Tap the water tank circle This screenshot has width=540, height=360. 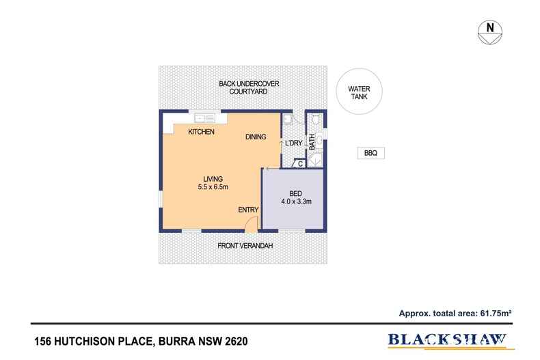pyautogui.click(x=359, y=93)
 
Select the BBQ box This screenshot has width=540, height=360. pyautogui.click(x=370, y=154)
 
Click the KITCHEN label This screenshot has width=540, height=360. pyautogui.click(x=202, y=132)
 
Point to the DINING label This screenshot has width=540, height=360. pyautogui.click(x=256, y=137)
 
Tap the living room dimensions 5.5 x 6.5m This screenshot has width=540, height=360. pyautogui.click(x=213, y=187)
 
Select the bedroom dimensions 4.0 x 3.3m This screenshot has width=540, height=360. pyautogui.click(x=296, y=202)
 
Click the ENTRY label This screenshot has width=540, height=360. pyautogui.click(x=248, y=210)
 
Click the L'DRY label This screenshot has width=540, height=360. pyautogui.click(x=293, y=143)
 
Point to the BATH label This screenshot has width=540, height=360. pyautogui.click(x=312, y=142)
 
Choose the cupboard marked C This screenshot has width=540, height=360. pyautogui.click(x=299, y=164)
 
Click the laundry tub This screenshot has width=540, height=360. pyautogui.click(x=288, y=120)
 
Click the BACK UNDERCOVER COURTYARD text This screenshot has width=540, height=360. pyautogui.click(x=249, y=87)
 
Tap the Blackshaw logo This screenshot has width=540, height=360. pyautogui.click(x=448, y=340)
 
